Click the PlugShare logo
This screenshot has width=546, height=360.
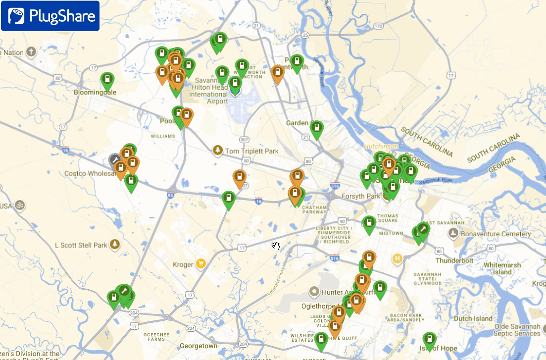click(50, 16)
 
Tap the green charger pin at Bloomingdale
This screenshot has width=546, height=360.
click(107, 80)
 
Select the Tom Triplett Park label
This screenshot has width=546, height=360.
click(251, 151)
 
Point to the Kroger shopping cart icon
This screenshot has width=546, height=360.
click(200, 264)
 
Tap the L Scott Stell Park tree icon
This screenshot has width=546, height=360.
click(115, 244)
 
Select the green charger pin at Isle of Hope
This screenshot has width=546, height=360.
click(430, 340)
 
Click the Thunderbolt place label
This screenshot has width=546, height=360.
click(455, 260)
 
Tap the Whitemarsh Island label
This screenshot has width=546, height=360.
click(502, 268)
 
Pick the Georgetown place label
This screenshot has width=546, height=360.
click(199, 346)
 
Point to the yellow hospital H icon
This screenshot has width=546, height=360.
click(397, 258)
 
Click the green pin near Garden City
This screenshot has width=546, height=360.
click(316, 128)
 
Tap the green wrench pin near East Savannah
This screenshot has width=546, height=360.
click(423, 229)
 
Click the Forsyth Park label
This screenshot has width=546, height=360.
click(360, 196)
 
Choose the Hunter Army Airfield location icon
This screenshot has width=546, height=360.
click(313, 292)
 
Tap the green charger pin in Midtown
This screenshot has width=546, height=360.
click(369, 224)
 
